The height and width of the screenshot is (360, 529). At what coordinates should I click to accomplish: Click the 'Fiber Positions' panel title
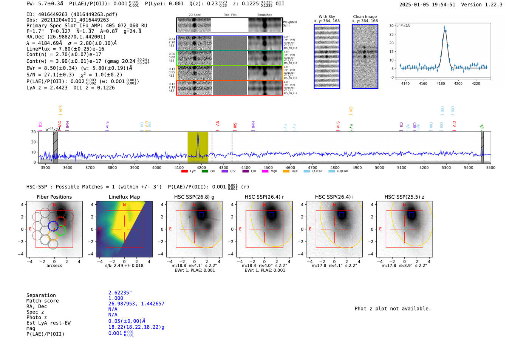(x=54, y=197)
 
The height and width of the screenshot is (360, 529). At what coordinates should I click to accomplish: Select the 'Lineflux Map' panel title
(x=124, y=197)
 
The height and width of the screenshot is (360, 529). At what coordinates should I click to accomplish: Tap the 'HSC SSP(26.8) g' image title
(x=194, y=197)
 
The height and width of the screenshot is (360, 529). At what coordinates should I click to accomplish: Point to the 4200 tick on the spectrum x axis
(x=201, y=167)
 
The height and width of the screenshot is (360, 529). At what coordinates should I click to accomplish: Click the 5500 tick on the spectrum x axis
(x=490, y=167)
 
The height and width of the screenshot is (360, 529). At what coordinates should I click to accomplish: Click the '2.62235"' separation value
(x=120, y=293)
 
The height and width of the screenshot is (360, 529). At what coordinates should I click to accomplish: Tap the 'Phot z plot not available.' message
(x=393, y=309)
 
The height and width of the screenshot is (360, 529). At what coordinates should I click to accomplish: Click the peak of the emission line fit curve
(x=445, y=29)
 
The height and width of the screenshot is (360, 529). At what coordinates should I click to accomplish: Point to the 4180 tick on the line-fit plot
(x=441, y=83)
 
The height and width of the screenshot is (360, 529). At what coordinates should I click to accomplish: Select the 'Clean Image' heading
(x=365, y=17)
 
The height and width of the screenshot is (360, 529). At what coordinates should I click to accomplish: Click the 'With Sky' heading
(x=326, y=17)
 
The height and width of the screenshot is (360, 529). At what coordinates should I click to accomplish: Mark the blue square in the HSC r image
(x=271, y=215)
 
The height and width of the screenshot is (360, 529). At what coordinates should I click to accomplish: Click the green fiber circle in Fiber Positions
(x=60, y=230)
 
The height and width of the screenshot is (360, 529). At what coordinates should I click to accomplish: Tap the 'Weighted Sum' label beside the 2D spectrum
(x=289, y=24)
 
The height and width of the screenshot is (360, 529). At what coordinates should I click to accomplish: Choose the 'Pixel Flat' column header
(x=230, y=15)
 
